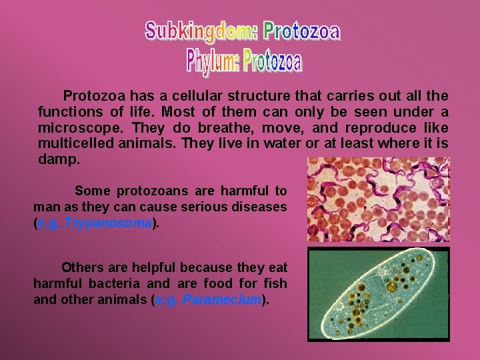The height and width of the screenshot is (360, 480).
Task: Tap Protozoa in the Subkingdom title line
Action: point(301,31)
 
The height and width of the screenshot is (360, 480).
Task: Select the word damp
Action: point(59,160)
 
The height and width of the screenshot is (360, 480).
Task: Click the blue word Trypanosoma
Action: point(109,224)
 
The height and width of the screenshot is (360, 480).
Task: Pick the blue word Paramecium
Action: point(221,300)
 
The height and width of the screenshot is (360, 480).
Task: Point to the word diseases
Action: point(262,208)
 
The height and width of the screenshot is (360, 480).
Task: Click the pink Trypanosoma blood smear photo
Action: point(378,199)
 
